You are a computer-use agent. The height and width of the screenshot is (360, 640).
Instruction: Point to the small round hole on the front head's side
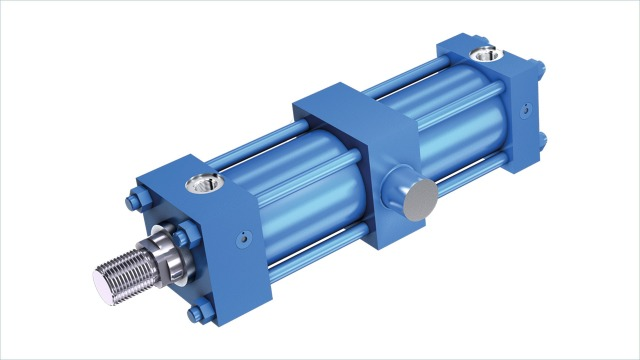(242, 238)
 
